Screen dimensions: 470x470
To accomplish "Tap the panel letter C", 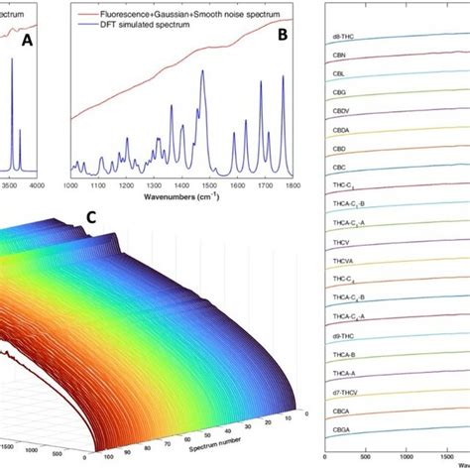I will [x=92, y=216].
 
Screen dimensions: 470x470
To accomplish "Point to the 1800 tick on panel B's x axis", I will [x=291, y=184].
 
